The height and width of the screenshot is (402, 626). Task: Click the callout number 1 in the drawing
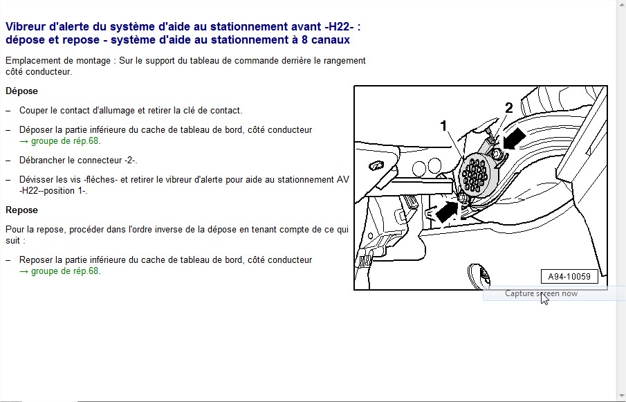click(443, 126)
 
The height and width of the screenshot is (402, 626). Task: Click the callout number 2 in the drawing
click(508, 108)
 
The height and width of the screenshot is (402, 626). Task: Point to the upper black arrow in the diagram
click(514, 138)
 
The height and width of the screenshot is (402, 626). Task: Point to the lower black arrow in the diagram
click(447, 211)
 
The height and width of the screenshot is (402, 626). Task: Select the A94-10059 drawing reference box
click(569, 276)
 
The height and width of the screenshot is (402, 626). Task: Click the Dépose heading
click(21, 91)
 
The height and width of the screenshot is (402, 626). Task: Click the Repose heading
click(21, 210)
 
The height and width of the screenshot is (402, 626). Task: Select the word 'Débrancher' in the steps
click(42, 160)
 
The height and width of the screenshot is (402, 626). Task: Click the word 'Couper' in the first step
click(33, 110)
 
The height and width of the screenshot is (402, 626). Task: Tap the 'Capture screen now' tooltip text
click(541, 293)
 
